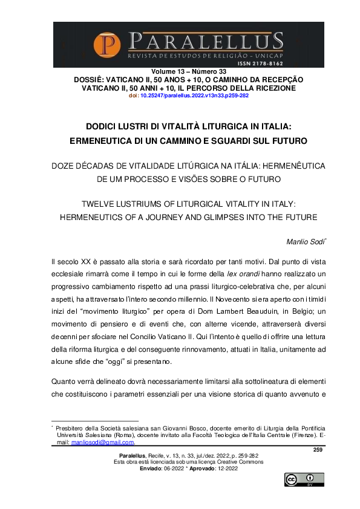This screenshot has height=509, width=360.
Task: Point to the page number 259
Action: click(x=318, y=449)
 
